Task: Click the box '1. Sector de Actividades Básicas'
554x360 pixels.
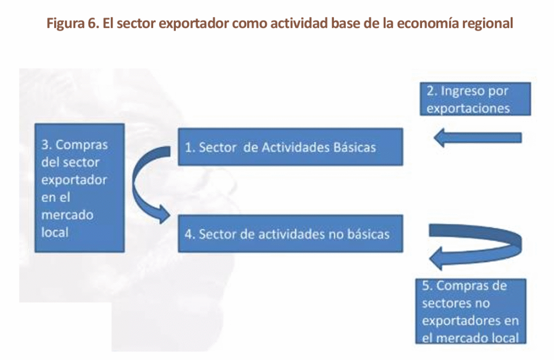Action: coord(291,147)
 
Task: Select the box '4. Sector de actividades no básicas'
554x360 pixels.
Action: coord(291,234)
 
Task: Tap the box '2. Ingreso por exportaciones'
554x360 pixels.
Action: coord(475,99)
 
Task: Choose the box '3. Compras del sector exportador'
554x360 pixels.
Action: coord(80,188)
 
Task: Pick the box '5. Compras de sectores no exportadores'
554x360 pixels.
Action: coord(471,311)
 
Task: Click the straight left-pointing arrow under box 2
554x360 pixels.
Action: coord(478,138)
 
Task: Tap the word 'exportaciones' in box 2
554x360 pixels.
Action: coord(468,108)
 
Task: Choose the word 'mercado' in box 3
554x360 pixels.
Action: coord(67,215)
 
